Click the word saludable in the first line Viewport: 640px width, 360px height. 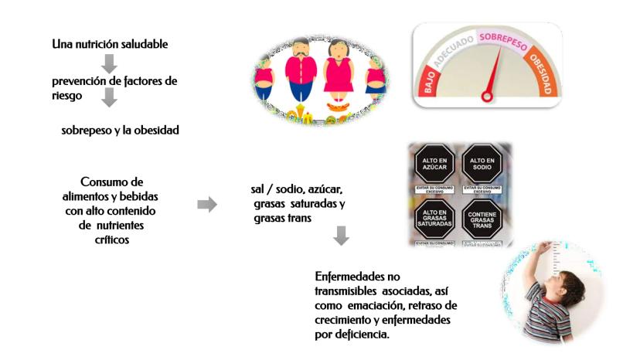[x=141, y=44]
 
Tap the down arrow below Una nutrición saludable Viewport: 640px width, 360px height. [x=109, y=63]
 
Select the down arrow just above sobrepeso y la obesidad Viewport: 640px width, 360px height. [x=109, y=97]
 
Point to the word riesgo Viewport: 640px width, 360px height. [x=67, y=95]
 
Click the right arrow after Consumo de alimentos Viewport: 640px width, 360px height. [x=207, y=204]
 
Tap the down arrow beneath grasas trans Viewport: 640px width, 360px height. [x=341, y=236]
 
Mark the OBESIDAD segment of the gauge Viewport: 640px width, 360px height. [x=543, y=73]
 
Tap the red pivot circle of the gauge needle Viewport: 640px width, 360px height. [x=487, y=97]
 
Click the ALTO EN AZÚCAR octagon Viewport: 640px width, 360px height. [x=436, y=167]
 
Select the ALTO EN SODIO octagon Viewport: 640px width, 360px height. [x=484, y=167]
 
